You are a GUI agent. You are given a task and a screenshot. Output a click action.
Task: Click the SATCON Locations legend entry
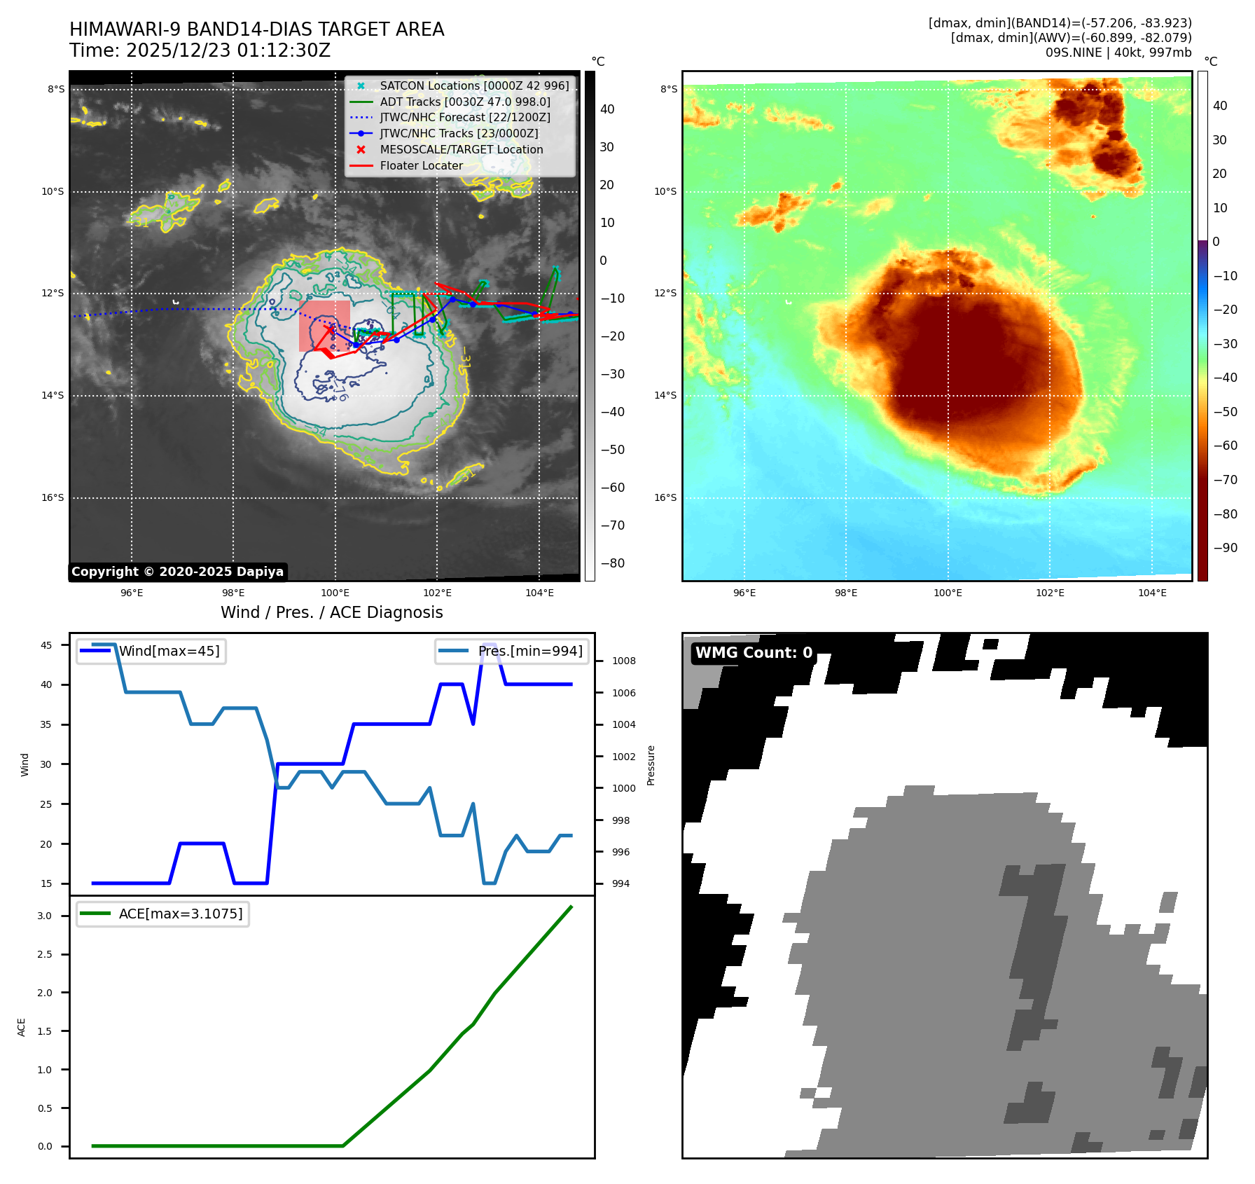point(474,85)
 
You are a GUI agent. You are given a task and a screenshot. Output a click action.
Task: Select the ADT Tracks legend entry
point(465,102)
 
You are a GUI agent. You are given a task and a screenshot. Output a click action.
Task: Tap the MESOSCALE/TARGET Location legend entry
point(461,149)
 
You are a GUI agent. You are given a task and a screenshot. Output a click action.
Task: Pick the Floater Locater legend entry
point(421,165)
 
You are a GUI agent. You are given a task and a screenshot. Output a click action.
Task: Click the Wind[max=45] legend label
point(169,651)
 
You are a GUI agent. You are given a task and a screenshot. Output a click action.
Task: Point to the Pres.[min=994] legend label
point(530,651)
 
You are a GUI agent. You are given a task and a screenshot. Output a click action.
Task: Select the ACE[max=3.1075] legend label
point(181,914)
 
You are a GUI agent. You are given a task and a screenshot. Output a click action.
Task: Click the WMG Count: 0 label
point(754,653)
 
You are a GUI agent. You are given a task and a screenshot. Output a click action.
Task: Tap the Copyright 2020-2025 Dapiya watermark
point(177,572)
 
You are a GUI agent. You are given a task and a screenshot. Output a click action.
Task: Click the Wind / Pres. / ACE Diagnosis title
point(331,612)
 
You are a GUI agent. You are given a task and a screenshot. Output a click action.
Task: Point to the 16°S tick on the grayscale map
point(53,498)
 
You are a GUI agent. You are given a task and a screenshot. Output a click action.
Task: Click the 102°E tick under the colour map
point(1050,593)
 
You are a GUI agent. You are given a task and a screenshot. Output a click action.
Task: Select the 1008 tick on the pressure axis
point(623,661)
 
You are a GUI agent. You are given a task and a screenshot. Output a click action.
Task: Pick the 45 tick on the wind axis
point(46,645)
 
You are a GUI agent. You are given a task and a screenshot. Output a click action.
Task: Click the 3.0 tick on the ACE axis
point(45,916)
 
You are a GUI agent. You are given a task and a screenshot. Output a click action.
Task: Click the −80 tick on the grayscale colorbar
point(612,563)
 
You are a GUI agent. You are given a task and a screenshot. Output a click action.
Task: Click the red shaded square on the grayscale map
point(324,326)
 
